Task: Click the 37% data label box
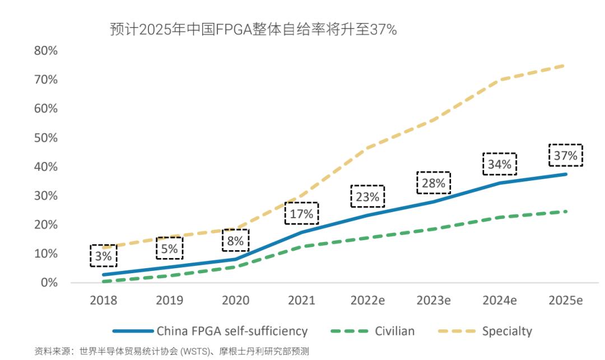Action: (565, 156)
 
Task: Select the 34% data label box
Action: (499, 164)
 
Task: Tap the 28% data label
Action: (433, 183)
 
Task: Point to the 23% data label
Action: (367, 197)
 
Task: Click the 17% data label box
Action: (301, 213)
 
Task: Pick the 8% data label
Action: (235, 241)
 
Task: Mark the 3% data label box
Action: (104, 256)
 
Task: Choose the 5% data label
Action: (169, 249)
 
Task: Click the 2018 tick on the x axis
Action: (104, 301)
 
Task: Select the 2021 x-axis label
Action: (301, 301)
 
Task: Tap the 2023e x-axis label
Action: (433, 301)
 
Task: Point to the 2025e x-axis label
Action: (565, 301)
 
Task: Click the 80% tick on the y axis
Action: (45, 51)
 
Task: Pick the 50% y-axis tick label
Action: (45, 138)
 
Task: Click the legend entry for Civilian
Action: (394, 331)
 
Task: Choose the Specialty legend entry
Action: (506, 331)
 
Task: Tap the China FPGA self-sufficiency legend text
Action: (232, 331)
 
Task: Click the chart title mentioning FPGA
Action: (253, 30)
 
